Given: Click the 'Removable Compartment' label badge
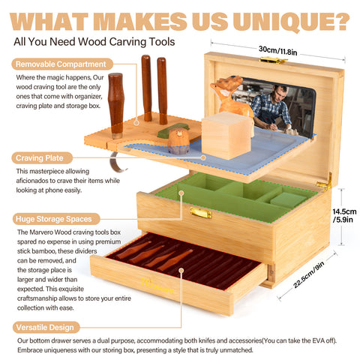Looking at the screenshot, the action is (62, 64).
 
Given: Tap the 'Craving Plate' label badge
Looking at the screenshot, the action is (42, 158).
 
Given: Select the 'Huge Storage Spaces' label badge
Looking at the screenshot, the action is (56, 219).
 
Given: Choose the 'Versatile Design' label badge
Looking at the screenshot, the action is (46, 327).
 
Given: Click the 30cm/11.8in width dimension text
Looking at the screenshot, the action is (277, 50).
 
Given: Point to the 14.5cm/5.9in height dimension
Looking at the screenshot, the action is (344, 215).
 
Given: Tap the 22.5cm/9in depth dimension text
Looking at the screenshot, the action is (308, 274).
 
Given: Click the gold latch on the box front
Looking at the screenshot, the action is (201, 213).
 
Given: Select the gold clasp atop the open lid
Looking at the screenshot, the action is (273, 60).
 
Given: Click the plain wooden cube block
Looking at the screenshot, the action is (226, 135).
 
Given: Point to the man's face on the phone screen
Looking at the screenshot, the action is (280, 94).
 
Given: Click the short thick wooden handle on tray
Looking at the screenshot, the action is (115, 105).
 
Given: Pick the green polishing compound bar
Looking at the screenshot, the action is (173, 130).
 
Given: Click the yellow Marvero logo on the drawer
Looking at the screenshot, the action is (157, 286).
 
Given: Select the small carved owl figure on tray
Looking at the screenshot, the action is (178, 141).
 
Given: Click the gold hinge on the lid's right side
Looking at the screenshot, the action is (325, 183).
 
